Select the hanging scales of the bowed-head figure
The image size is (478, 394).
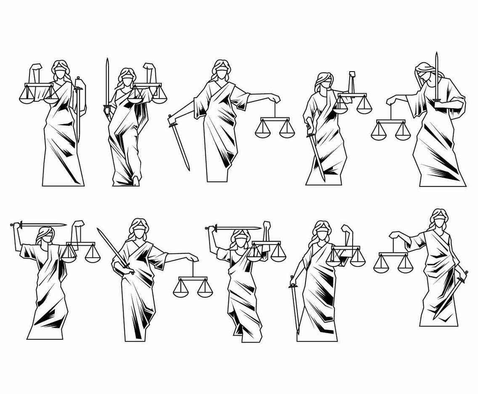tap(390, 129)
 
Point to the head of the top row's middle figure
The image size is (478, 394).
tap(221, 70)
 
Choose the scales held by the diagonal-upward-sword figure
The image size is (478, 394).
tap(193, 286)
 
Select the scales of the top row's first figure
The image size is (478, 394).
tap(39, 93)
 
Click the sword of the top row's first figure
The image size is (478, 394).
tap(78, 109)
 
